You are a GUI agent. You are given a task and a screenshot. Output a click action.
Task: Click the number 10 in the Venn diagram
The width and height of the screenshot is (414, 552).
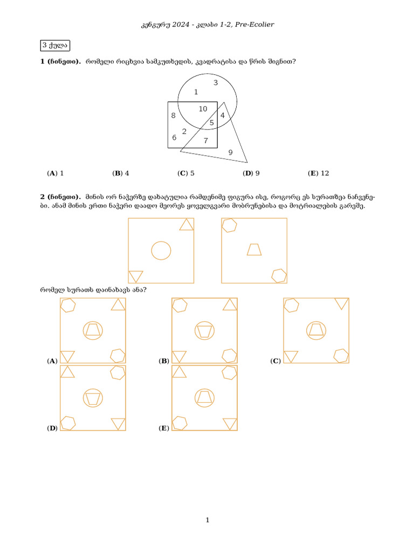(x=203, y=109)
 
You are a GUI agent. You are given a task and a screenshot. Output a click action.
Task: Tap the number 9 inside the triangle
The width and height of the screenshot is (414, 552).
(x=230, y=153)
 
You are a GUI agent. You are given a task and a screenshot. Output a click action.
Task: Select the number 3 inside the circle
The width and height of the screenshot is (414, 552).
(x=215, y=82)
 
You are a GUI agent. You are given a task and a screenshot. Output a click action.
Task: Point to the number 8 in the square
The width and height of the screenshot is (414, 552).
(x=173, y=115)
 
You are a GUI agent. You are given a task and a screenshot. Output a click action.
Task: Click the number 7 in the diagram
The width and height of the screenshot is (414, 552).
(x=205, y=141)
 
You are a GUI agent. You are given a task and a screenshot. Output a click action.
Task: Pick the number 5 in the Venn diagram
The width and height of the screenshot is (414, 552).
(x=211, y=123)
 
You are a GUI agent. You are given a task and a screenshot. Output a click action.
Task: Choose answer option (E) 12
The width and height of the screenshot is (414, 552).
(x=318, y=173)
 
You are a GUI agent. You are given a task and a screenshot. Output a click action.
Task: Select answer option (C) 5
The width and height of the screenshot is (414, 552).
(x=186, y=173)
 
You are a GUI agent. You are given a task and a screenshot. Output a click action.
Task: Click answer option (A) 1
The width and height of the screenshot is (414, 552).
(x=56, y=173)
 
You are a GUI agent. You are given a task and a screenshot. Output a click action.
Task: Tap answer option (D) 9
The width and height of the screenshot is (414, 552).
(x=251, y=173)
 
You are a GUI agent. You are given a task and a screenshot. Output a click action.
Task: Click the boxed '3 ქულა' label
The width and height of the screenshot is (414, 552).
(x=55, y=45)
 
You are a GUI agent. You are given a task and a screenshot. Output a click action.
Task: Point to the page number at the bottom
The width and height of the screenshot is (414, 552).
(x=207, y=520)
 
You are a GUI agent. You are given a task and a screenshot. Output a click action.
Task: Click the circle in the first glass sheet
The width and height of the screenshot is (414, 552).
(x=161, y=251)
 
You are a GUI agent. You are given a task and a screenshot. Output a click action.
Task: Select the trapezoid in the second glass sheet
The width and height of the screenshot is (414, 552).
(x=254, y=250)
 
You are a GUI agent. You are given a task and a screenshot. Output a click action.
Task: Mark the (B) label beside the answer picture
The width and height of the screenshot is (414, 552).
(x=164, y=361)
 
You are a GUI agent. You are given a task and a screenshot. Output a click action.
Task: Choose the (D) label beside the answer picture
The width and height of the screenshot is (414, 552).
(x=52, y=428)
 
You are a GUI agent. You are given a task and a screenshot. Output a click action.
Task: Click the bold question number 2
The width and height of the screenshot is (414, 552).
(x=43, y=197)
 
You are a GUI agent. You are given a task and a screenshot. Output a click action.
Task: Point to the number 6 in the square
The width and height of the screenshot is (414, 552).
(x=174, y=137)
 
